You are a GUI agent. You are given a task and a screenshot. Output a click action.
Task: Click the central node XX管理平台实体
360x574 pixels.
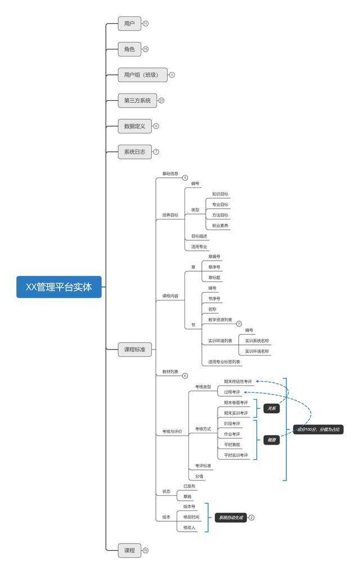59,287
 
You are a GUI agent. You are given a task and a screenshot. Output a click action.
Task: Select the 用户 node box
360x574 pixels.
129,24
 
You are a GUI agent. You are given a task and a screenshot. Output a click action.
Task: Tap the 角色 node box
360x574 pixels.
129,50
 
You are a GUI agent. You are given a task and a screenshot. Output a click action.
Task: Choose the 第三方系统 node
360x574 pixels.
137,101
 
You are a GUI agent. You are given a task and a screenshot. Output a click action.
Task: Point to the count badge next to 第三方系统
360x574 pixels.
161,101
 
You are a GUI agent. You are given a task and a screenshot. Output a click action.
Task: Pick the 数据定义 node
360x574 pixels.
134,126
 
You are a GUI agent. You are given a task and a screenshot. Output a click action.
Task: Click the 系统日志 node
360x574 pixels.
134,152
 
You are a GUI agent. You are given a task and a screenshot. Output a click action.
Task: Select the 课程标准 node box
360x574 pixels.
134,349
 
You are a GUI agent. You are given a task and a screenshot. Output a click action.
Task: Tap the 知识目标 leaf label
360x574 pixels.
220,194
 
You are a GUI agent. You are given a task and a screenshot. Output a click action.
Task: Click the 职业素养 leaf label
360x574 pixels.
220,226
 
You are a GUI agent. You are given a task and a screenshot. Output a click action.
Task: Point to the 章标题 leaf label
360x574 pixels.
214,277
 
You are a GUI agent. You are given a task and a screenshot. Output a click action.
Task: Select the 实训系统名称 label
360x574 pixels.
256,340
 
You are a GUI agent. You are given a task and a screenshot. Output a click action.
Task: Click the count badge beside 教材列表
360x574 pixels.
185,375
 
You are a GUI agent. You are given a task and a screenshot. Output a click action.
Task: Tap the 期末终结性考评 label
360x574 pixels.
237,381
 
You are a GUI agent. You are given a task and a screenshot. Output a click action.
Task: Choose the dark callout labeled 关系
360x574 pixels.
272,408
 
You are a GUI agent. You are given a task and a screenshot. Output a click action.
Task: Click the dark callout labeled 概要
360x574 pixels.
272,440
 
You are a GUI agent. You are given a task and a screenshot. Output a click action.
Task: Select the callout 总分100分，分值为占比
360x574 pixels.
318,429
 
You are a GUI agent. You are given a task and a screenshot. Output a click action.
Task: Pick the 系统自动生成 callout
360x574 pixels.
231,517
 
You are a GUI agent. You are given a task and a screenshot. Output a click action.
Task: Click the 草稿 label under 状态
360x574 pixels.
187,496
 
